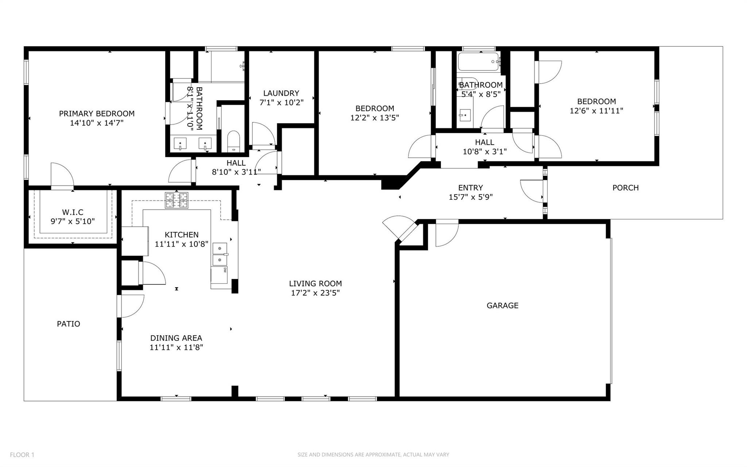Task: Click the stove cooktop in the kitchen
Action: (x=177, y=200)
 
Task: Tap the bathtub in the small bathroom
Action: (x=478, y=62)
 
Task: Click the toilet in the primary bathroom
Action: (x=233, y=142)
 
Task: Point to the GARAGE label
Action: (x=502, y=306)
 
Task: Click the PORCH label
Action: (x=625, y=188)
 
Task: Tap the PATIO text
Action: (x=68, y=324)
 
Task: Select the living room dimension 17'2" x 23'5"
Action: (x=315, y=293)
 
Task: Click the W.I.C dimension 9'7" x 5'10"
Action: (x=73, y=221)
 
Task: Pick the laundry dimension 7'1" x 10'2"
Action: (x=281, y=103)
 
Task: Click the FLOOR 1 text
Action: (x=22, y=455)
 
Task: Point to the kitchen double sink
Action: (x=220, y=254)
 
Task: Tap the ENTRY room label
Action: (x=470, y=188)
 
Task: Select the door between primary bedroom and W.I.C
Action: (x=62, y=176)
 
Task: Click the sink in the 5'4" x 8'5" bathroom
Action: (x=465, y=116)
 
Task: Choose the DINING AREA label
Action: (x=176, y=338)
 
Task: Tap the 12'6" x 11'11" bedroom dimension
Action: (x=596, y=111)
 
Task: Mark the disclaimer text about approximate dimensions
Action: (x=373, y=455)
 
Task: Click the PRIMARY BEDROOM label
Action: (x=97, y=114)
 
